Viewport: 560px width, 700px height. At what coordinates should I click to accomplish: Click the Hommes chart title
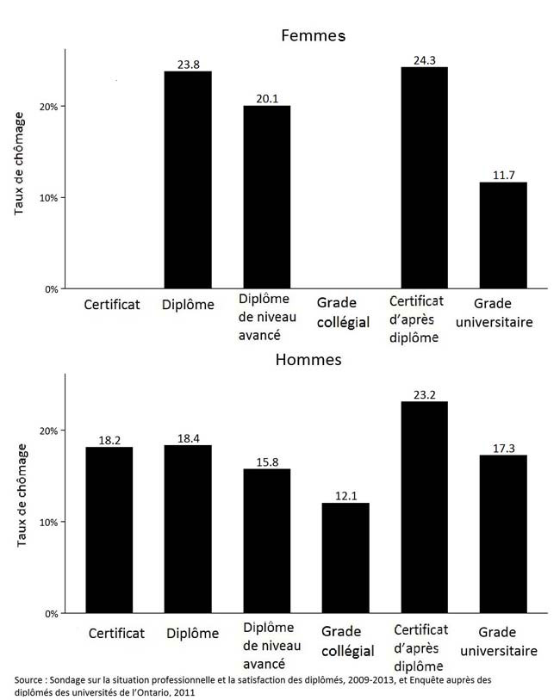tap(308, 360)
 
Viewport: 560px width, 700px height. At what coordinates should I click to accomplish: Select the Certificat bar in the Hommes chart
tap(109, 530)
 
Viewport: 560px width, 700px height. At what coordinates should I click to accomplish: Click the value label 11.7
tap(504, 175)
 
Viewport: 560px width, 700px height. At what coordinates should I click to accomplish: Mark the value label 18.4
tap(189, 437)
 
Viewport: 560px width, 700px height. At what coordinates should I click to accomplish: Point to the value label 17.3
tap(504, 448)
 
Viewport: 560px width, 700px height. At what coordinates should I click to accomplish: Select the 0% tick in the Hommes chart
tap(52, 614)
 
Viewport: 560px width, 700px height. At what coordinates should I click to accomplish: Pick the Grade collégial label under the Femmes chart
tap(343, 313)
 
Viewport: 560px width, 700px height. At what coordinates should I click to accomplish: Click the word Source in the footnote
tap(32, 680)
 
